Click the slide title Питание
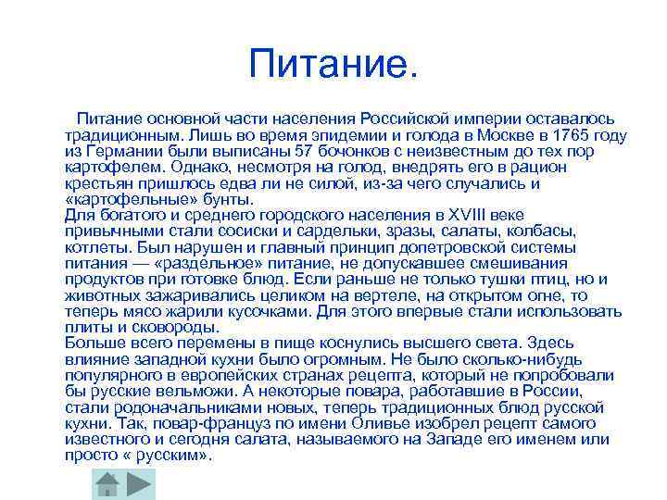pyautogui.click(x=333, y=65)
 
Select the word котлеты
pyautogui.click(x=96, y=247)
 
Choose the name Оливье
pyautogui.click(x=365, y=424)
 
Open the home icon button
pyautogui.click(x=107, y=484)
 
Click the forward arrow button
pyautogui.click(x=140, y=484)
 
